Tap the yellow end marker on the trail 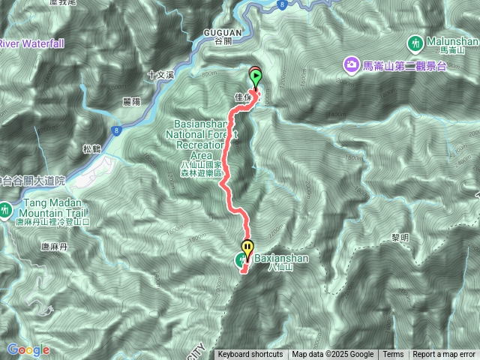click(247, 247)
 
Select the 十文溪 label click(160, 75)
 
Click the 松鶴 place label click(91, 148)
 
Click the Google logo click(28, 349)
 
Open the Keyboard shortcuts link click(250, 355)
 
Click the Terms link click(393, 355)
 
